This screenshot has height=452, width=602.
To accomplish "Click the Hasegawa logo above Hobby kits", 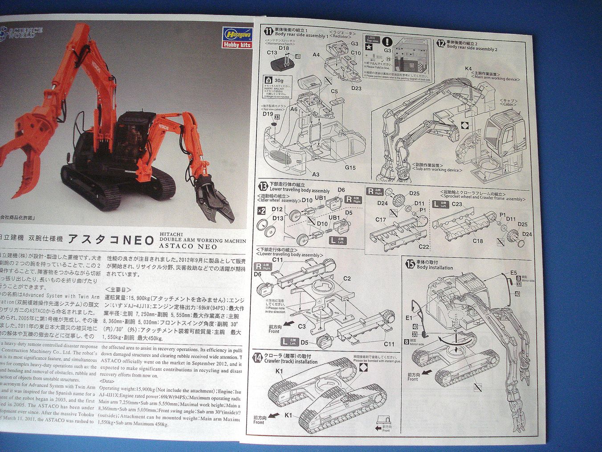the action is pos(237,35).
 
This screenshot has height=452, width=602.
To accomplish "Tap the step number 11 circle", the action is pos(268,31).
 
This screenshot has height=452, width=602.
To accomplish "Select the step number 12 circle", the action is pos(440,43).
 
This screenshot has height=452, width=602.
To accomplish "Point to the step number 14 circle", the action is pos(258,358).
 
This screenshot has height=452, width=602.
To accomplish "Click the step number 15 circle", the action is pos(410,264).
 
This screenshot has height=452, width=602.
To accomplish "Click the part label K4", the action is pos(468,69).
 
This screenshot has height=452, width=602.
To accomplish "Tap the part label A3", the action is pos(316,174).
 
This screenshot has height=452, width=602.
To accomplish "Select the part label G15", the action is pos(350,168).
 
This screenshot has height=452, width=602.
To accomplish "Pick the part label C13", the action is pos(272,53).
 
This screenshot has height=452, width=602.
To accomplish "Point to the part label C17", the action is pos(381,219).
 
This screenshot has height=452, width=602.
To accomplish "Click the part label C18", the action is pos(478,241).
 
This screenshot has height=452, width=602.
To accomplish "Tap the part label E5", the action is pos(513,272).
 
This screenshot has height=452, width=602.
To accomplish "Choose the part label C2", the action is pos(347,279).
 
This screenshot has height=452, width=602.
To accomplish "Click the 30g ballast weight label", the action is pos(278,80).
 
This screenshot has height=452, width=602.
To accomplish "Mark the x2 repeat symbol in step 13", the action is pos(261,210).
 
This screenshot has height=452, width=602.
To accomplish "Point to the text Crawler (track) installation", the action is pos(291,362).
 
